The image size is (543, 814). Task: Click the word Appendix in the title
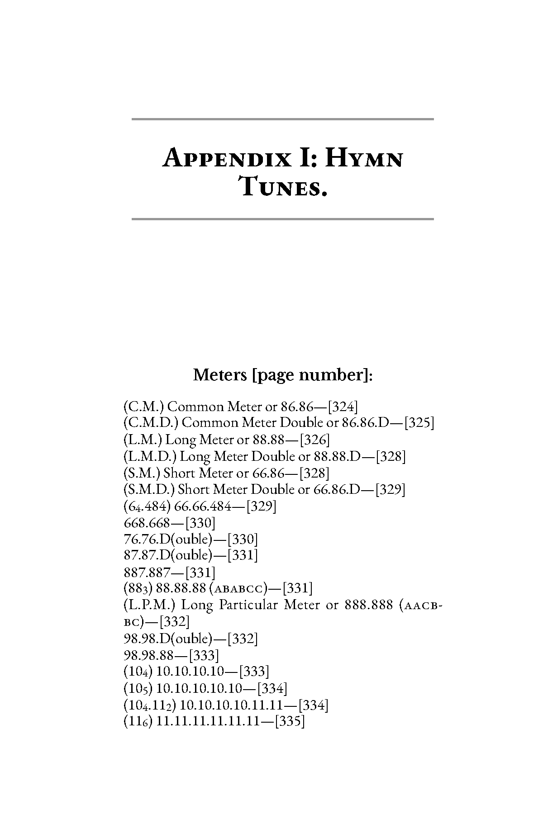[x=226, y=159]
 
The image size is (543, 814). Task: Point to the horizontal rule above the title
[x=282, y=119]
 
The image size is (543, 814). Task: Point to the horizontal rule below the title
[x=282, y=219]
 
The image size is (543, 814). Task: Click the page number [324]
[x=343, y=407]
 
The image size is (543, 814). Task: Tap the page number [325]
[x=419, y=423]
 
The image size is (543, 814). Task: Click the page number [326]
[x=314, y=440]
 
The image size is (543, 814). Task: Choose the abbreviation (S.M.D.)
[x=149, y=489]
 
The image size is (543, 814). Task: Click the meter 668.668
[x=147, y=523]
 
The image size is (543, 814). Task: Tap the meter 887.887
[x=147, y=573]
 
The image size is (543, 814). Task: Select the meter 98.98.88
[x=148, y=655]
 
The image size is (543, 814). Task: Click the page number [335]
[x=290, y=721]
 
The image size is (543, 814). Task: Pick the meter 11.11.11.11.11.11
[x=208, y=721]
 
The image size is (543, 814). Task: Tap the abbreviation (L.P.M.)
[x=152, y=605]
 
